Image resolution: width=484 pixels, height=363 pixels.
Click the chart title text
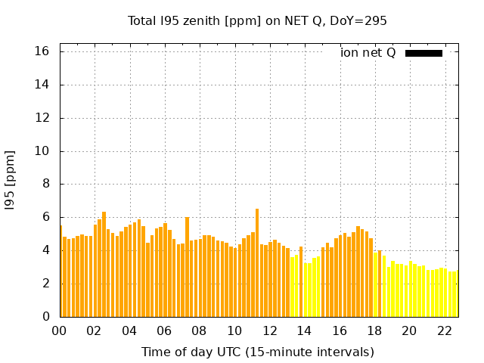[x=257, y=21]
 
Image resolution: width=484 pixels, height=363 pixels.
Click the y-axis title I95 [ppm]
[x=11, y=180]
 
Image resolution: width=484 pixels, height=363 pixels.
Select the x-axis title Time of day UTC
[x=257, y=352]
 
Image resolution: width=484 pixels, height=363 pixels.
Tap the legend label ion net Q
[x=368, y=53]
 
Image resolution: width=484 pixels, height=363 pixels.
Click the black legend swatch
[x=423, y=53]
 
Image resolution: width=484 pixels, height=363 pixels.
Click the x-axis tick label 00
[x=59, y=330]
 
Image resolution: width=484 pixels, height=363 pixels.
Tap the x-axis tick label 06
[x=164, y=330]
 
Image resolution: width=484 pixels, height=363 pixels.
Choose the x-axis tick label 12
[x=269, y=330]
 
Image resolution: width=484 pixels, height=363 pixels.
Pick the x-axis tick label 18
[x=374, y=330]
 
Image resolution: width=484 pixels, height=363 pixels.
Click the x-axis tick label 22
[x=444, y=330]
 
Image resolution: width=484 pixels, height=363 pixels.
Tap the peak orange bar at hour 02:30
[x=104, y=265]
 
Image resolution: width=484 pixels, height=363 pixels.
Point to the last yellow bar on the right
[x=455, y=294]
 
